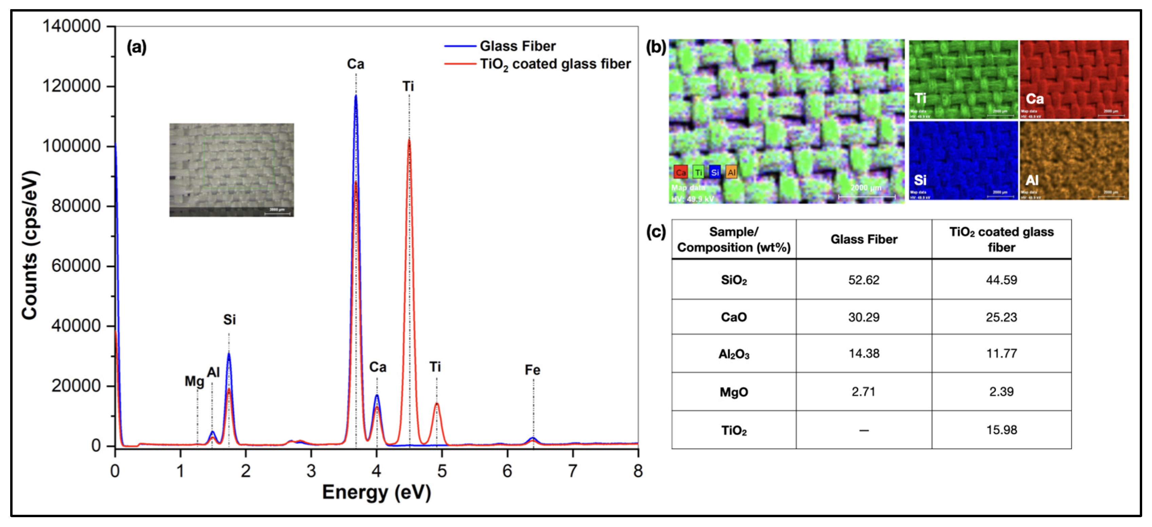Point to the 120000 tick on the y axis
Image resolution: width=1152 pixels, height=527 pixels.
(x=72, y=86)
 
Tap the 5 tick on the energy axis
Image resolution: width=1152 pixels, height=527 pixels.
(x=442, y=471)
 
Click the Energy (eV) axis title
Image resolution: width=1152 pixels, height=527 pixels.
(x=376, y=492)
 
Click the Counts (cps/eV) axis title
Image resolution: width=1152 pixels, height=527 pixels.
(x=30, y=245)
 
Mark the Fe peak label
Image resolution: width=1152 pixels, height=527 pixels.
(x=532, y=370)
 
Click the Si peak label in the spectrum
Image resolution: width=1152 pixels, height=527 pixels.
(x=229, y=319)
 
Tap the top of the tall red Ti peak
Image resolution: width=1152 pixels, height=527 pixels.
(x=409, y=140)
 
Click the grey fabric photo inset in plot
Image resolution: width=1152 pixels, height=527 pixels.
(x=231, y=170)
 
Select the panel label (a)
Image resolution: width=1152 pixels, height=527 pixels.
(x=136, y=46)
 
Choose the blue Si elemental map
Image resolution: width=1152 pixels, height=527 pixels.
(x=963, y=161)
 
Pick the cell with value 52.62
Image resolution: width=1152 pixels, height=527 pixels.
(x=863, y=280)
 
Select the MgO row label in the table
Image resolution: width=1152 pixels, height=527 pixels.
(x=734, y=392)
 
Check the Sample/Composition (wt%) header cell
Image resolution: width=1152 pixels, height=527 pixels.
(x=734, y=239)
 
